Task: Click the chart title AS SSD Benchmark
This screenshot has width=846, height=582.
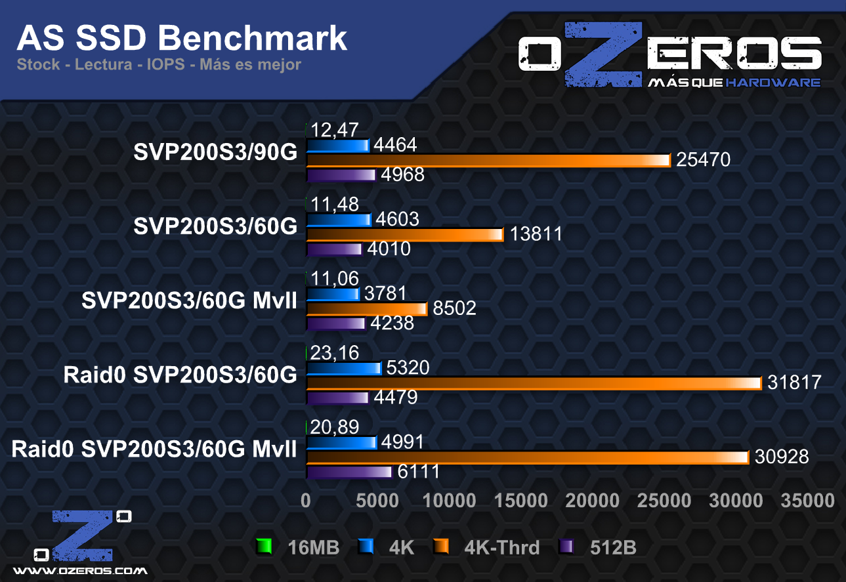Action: point(182,38)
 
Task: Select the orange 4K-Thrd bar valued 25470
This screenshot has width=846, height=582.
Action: point(488,161)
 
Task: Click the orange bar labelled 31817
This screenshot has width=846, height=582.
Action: point(534,383)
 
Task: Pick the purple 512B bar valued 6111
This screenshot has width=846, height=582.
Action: point(349,472)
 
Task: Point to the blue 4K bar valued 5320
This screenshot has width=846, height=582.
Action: point(344,368)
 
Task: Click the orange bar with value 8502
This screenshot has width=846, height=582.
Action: point(367,308)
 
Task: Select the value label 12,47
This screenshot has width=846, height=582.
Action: point(335,130)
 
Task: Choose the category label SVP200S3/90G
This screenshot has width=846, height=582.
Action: point(215,152)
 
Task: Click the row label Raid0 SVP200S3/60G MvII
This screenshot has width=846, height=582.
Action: point(154,449)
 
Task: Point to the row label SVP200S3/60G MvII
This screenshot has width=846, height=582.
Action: point(189,301)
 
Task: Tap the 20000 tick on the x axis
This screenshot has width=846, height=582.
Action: point(593,501)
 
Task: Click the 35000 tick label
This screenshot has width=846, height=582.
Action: point(807,501)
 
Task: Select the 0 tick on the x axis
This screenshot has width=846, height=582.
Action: point(306,501)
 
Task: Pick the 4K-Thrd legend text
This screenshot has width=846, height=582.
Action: point(501,547)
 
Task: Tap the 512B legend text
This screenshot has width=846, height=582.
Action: point(612,547)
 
